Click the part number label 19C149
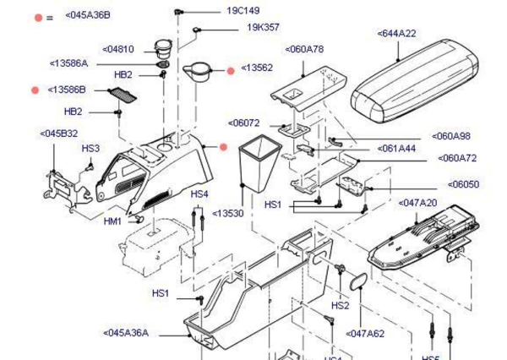pyautogui.click(x=243, y=11)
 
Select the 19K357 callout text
pyautogui.click(x=263, y=27)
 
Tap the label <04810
pyautogui.click(x=118, y=49)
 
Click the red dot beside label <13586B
pyautogui.click(x=35, y=90)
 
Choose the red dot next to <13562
pyautogui.click(x=231, y=70)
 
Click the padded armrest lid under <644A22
pyautogui.click(x=408, y=79)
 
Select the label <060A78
pyautogui.click(x=304, y=49)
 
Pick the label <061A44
pyautogui.click(x=396, y=148)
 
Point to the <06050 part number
pyautogui.click(x=463, y=183)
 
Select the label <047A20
pyautogui.click(x=417, y=203)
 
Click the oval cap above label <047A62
pyautogui.click(x=357, y=281)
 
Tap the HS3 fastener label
pyautogui.click(x=90, y=148)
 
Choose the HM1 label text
pyautogui.click(x=112, y=221)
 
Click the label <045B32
pyautogui.click(x=58, y=133)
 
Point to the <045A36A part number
pyautogui.click(x=125, y=333)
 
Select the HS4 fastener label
pyautogui.click(x=199, y=194)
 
